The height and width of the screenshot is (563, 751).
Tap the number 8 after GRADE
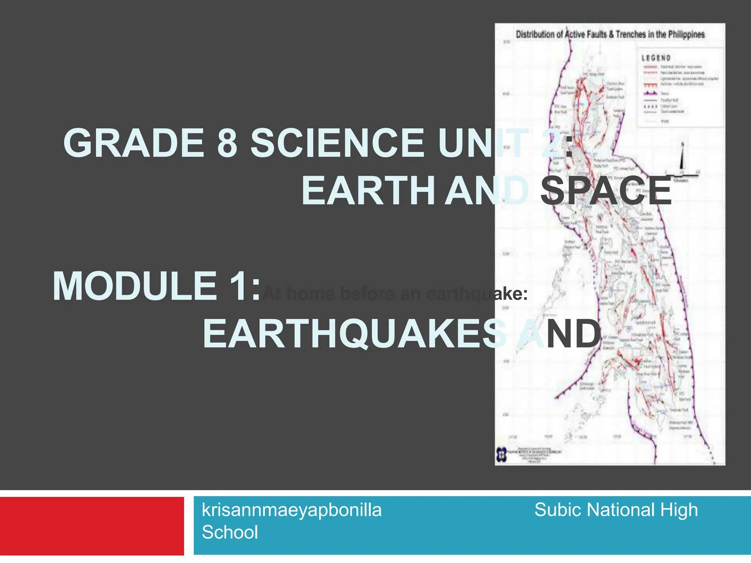pos(227,143)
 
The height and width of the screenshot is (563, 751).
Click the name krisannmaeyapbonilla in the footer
pos(292,510)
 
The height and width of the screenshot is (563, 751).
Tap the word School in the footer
pos(230,532)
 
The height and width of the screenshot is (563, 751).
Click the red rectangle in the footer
pos(92,526)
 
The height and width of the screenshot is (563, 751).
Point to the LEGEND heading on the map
pos(656,58)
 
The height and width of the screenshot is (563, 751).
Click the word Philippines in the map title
pos(686,34)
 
